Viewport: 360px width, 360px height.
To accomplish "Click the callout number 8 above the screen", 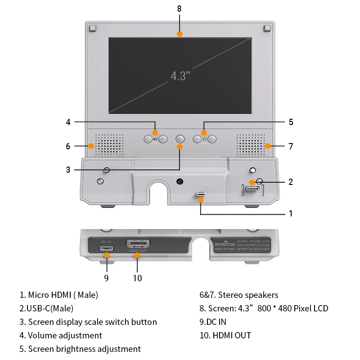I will [x=180, y=9].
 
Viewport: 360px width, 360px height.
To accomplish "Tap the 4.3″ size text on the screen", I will [x=178, y=76].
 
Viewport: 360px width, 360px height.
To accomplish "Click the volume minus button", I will [x=148, y=139].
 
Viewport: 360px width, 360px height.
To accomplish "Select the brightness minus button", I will [x=197, y=139].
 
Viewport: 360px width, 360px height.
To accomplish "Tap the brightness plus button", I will [x=212, y=139].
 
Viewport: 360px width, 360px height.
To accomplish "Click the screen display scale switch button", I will [x=180, y=139].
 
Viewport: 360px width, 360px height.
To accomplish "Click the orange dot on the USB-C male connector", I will [x=252, y=182].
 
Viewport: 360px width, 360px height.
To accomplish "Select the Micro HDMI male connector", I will [x=201, y=194].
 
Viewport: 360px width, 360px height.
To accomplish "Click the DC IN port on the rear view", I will [x=107, y=248].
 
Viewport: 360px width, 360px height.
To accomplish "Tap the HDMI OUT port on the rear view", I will [x=138, y=244].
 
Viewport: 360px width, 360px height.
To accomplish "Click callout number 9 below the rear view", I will [x=106, y=278].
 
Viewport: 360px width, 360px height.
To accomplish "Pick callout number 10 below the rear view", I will [x=138, y=278].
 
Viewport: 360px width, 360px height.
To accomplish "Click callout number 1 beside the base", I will [x=291, y=213].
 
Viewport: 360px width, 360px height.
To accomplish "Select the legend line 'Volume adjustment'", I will [x=61, y=335].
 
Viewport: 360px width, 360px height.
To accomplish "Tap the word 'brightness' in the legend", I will [x=81, y=349].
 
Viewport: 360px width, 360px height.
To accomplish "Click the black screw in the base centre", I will [x=180, y=182].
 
